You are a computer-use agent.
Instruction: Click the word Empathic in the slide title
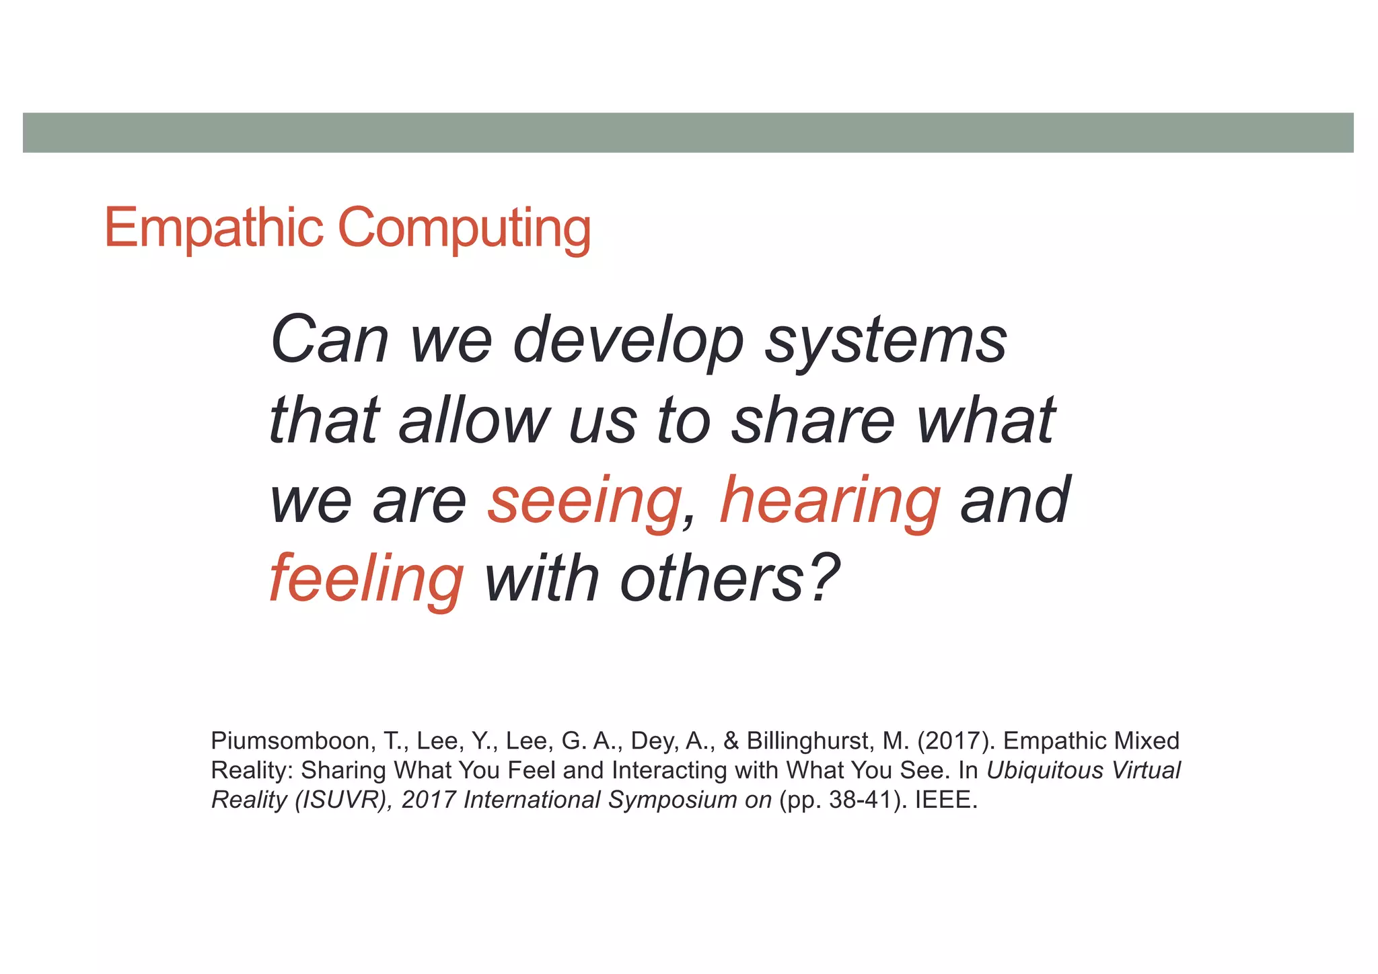click(214, 228)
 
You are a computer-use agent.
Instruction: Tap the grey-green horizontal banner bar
click(688, 133)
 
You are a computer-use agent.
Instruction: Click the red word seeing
click(584, 501)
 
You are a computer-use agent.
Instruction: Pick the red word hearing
click(830, 501)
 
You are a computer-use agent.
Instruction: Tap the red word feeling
click(366, 579)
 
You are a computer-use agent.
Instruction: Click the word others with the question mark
click(730, 579)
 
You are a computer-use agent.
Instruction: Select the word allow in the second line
click(474, 421)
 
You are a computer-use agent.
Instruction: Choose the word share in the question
click(813, 421)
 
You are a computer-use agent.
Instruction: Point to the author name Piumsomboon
click(291, 741)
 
